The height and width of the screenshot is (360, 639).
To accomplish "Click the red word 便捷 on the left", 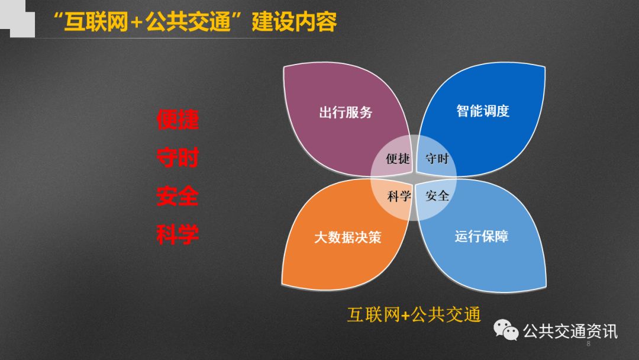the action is (x=177, y=120).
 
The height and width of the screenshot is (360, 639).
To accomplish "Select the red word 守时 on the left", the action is (x=177, y=157).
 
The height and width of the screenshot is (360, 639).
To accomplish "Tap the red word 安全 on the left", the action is (x=177, y=196).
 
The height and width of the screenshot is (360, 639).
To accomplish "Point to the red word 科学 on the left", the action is (x=177, y=234).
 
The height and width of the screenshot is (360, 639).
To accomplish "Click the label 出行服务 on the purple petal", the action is (x=346, y=112).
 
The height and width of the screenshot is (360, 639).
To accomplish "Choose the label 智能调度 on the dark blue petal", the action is (x=483, y=111).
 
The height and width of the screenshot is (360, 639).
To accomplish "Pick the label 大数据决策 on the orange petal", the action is (x=348, y=237).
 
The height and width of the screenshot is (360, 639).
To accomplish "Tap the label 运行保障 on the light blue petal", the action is (x=482, y=236).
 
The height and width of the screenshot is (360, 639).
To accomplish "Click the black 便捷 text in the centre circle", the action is (x=398, y=158).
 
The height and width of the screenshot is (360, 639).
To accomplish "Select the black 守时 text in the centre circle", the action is (x=437, y=158).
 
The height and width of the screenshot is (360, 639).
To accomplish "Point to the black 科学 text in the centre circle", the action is (x=399, y=197).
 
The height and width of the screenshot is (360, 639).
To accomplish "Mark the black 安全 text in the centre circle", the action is (x=437, y=196).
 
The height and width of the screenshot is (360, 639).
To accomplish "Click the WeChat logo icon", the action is (x=506, y=330).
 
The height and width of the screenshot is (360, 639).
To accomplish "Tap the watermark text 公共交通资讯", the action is (x=570, y=331).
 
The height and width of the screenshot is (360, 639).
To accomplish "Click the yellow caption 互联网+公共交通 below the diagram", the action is (x=414, y=315).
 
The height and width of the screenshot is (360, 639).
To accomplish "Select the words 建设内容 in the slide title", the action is (x=294, y=21).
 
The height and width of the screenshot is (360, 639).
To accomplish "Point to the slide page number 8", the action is (x=588, y=343).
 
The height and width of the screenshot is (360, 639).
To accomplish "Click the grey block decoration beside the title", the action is (x=18, y=19).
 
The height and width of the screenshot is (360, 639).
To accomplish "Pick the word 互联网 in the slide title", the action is (x=96, y=22).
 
